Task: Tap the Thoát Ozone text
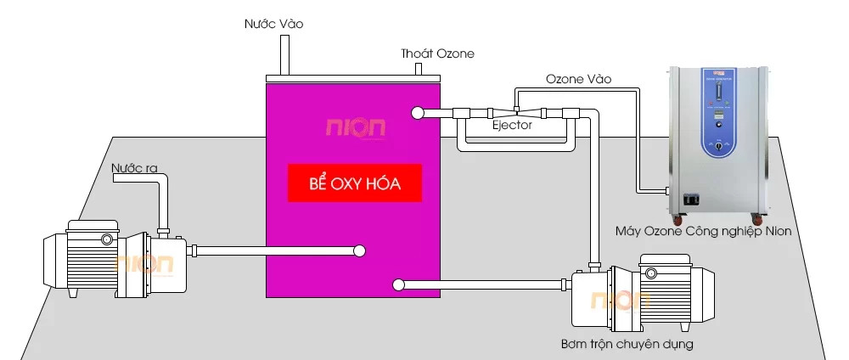(x=437, y=53)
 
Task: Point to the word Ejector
(x=513, y=126)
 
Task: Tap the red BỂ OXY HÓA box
(x=354, y=183)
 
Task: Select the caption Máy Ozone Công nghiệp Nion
(x=703, y=231)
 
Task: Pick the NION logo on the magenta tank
(x=356, y=128)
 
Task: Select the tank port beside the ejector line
(x=416, y=113)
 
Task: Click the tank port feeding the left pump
(x=360, y=250)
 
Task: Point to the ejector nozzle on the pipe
(x=517, y=112)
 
